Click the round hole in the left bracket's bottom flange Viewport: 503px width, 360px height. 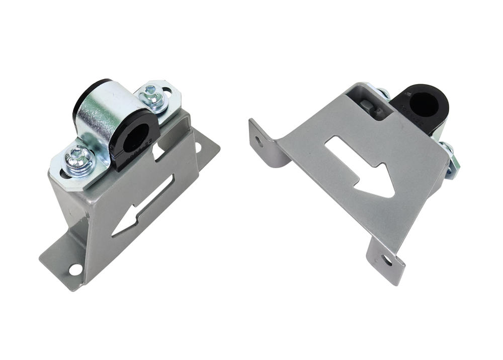tap(75, 269)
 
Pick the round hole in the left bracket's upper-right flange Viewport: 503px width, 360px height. tap(198, 147)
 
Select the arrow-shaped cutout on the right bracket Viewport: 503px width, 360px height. tap(360, 166)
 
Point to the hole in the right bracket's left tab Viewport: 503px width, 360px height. tap(259, 141)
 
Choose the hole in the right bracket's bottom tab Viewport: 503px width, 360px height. tap(386, 260)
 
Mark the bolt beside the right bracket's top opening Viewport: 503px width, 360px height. tap(383, 94)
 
